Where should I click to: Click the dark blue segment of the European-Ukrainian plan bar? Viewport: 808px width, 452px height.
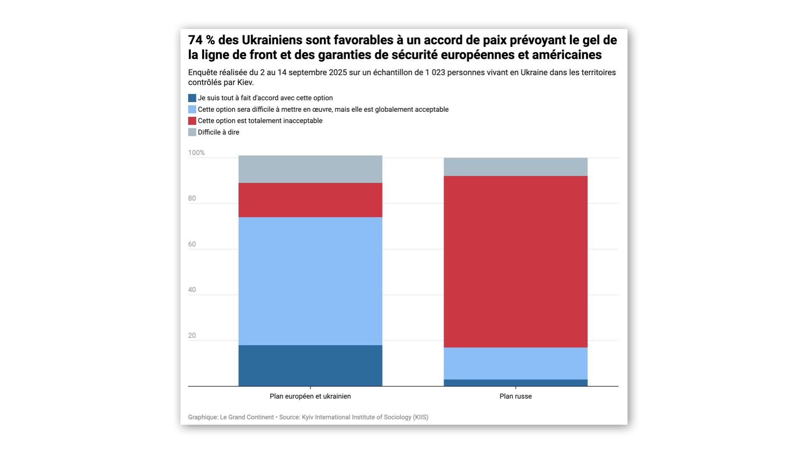(310, 365)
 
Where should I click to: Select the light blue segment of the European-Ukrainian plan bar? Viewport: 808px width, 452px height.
(310, 281)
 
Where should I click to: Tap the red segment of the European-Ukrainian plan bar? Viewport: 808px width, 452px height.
(310, 200)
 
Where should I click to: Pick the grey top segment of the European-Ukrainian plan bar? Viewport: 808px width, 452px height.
(310, 169)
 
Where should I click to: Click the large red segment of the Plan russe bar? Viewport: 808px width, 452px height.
(515, 261)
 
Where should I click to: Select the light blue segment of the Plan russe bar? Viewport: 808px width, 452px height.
(515, 363)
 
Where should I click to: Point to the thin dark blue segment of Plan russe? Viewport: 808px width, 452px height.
(515, 383)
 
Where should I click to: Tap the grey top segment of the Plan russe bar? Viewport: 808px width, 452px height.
(515, 167)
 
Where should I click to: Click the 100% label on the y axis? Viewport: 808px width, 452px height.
(196, 153)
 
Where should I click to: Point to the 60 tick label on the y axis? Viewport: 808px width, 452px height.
(192, 244)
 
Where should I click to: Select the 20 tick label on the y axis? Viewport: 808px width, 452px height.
(192, 336)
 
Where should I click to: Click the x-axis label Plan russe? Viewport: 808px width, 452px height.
(515, 396)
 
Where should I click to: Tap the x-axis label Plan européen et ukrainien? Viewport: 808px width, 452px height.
(310, 396)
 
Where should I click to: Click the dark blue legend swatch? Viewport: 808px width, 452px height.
(192, 98)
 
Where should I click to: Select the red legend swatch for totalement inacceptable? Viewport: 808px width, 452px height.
(192, 121)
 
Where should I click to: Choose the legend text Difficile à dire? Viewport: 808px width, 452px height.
(218, 132)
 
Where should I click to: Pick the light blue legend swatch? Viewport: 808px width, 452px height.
(192, 110)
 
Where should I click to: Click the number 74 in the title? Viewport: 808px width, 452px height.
(195, 40)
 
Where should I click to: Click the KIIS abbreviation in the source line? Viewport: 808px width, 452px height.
(420, 417)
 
